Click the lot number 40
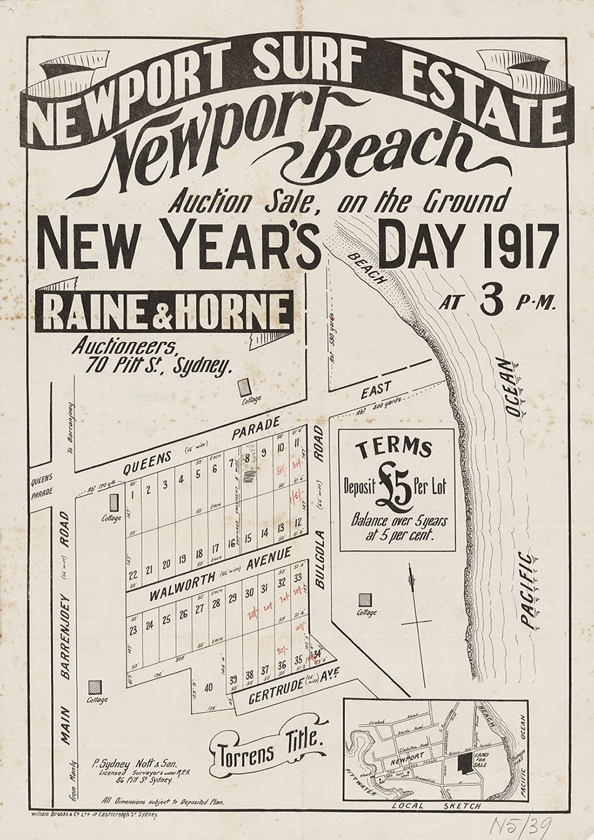pyautogui.click(x=208, y=687)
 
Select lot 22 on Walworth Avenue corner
pyautogui.click(x=132, y=575)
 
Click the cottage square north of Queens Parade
pyautogui.click(x=243, y=386)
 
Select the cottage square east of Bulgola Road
pyautogui.click(x=365, y=600)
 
